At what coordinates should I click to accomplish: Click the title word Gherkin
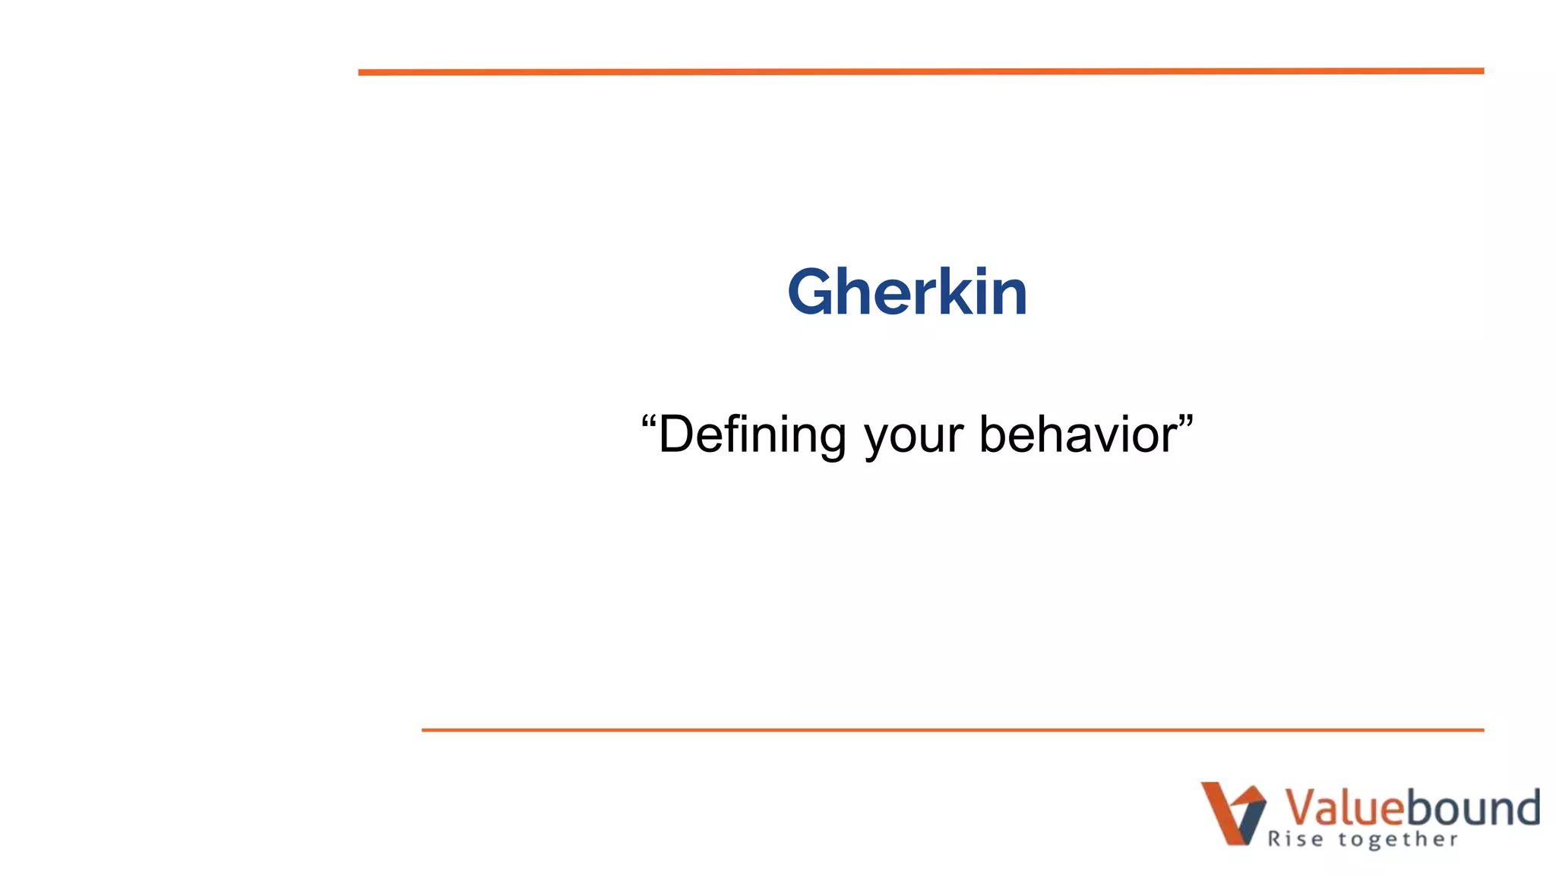[x=907, y=292]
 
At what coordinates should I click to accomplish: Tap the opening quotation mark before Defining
[x=648, y=420]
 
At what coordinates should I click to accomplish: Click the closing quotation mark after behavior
[x=1186, y=420]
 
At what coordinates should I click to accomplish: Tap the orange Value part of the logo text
[x=1343, y=807]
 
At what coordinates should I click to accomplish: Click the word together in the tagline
[x=1398, y=840]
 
